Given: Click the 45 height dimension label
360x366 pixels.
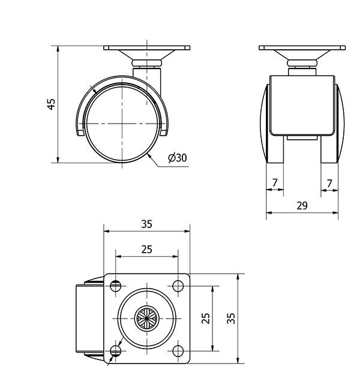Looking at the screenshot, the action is (x=52, y=104).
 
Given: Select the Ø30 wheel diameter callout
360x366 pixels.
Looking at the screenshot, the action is (x=178, y=158).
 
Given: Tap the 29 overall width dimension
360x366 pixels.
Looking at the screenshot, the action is (x=302, y=206).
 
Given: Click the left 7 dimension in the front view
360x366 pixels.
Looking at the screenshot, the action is (x=275, y=183).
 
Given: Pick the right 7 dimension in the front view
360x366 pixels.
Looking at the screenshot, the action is (x=329, y=184).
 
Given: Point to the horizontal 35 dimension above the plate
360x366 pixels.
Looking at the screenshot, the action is (x=147, y=224).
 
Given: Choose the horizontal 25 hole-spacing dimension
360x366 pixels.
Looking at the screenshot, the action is (x=147, y=250).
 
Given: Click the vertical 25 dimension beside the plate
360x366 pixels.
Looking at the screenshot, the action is (x=206, y=318).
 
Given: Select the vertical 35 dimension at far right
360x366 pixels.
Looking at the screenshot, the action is (x=231, y=318).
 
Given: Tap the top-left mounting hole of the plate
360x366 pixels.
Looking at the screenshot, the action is (x=115, y=286).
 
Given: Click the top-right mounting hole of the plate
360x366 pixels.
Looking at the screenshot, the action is (x=178, y=286).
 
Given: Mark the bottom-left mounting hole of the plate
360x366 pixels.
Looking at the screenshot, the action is (x=115, y=351).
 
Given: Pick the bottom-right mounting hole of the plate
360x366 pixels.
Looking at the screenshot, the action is (x=178, y=351).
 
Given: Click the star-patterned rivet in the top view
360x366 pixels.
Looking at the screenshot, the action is (x=147, y=319).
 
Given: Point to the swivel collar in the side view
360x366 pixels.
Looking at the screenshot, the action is (x=147, y=63).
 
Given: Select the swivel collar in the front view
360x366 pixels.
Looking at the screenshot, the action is (x=302, y=63).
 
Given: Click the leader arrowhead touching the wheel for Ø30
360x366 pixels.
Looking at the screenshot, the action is (x=149, y=156).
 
